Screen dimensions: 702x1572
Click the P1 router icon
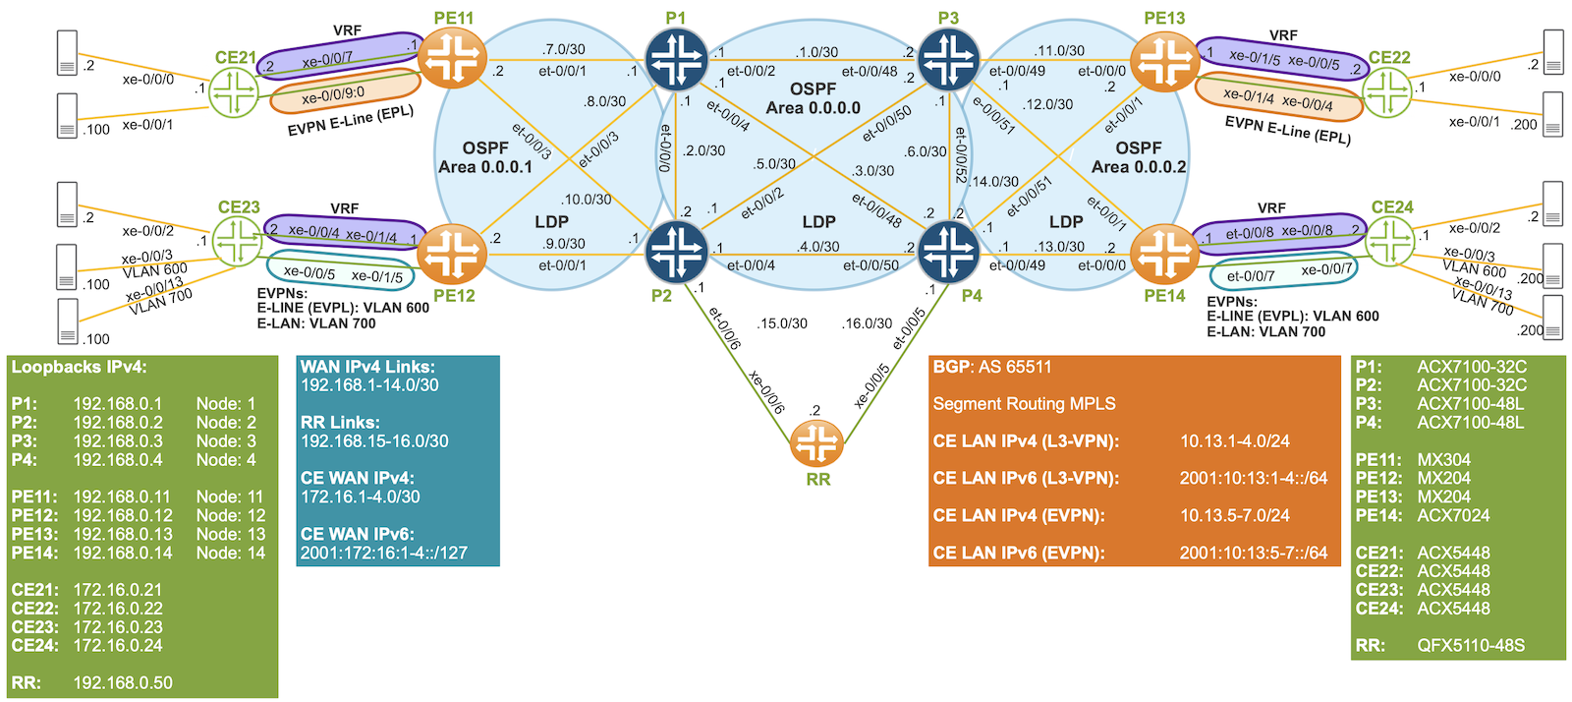pos(676,59)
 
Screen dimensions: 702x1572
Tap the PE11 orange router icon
pos(452,58)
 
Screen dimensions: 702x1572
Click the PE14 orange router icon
pos(1164,254)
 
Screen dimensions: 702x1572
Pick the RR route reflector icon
pos(816,443)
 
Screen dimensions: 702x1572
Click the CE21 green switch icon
pos(235,94)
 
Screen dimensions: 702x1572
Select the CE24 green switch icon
pos(1390,242)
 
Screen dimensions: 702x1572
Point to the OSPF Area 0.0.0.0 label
pos(814,98)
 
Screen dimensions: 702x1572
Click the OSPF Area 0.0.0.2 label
pos(1139,157)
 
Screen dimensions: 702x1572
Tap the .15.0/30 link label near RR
pos(783,323)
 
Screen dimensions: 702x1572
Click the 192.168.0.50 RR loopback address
pos(123,682)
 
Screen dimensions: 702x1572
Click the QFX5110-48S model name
pos(1471,645)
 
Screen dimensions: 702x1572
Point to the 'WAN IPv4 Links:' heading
pos(367,367)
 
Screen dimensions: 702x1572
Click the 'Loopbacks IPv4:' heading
pos(69,367)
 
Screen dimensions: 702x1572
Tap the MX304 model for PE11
pos(1443,459)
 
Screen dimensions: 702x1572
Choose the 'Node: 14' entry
pos(230,553)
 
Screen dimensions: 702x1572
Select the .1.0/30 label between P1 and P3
pos(817,51)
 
